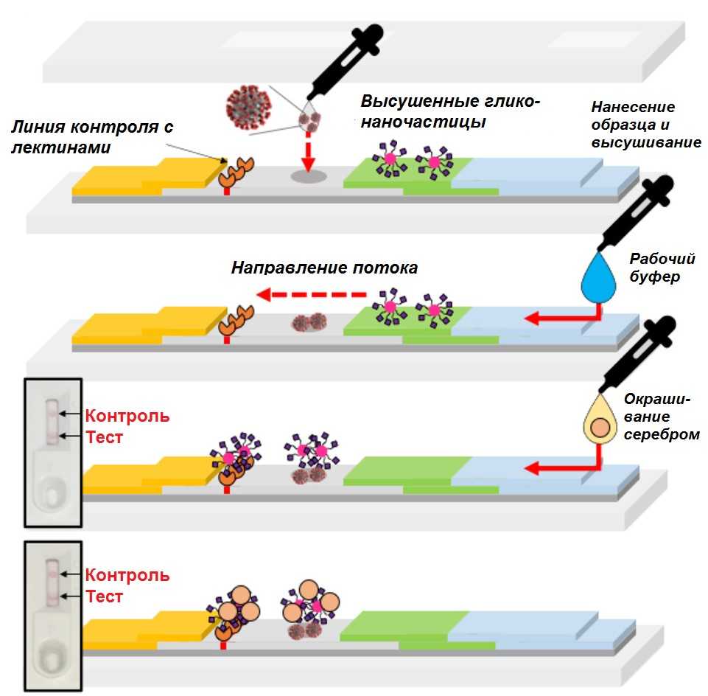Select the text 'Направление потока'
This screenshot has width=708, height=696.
tap(324, 267)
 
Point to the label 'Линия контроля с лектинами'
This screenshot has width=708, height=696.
tap(91, 137)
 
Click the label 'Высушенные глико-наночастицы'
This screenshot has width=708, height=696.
tap(450, 111)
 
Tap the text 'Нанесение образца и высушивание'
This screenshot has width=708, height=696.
tap(645, 125)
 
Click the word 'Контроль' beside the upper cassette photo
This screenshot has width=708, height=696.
tap(127, 416)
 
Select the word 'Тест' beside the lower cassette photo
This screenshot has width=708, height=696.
tap(104, 596)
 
